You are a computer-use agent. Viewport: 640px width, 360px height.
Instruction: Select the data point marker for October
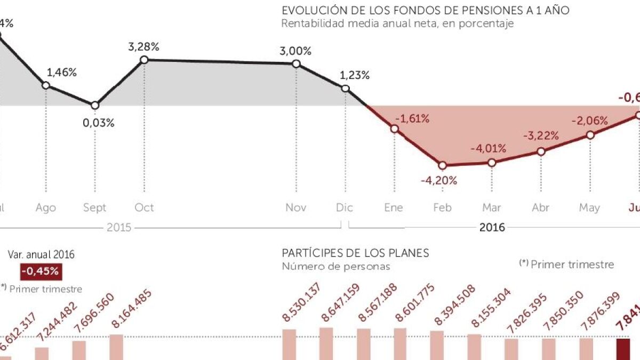144,60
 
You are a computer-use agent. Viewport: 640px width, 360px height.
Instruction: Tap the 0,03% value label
99,123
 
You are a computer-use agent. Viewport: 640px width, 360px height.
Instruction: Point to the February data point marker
442,165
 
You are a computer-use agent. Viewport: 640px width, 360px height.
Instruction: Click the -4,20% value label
439,180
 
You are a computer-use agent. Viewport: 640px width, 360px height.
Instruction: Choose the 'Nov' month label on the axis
296,207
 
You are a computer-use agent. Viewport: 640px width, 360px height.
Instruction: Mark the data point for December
345,89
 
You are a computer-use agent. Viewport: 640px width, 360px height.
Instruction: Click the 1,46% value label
62,73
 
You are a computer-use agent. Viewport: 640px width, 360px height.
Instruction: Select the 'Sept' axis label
94,207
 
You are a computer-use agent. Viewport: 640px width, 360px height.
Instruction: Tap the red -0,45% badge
41,271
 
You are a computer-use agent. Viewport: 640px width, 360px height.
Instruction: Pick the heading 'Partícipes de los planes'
355,253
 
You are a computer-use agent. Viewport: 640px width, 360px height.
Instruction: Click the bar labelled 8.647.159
326,343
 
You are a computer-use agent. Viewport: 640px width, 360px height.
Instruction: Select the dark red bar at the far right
623,349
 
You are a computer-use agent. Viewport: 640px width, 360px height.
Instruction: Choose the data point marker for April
541,151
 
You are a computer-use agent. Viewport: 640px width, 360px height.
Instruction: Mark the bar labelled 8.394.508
437,345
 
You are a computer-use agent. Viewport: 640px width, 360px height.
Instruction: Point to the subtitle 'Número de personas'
335,266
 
